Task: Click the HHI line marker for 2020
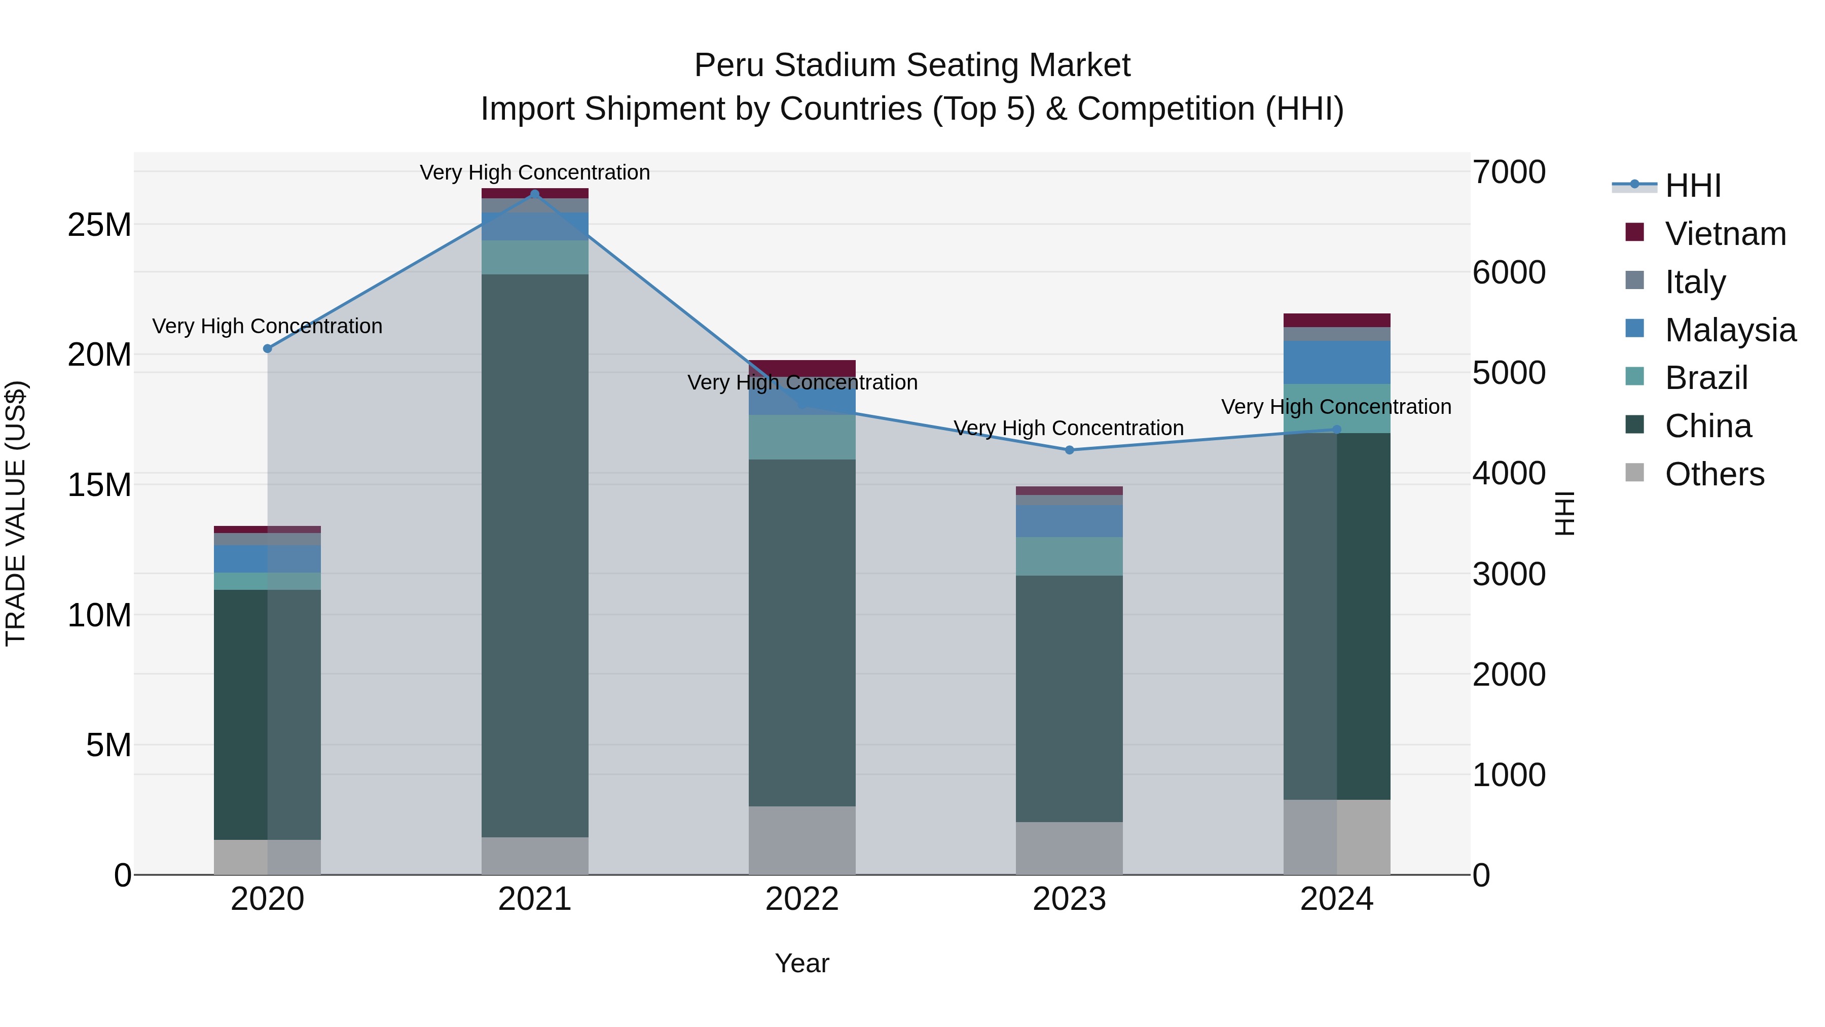pos(267,349)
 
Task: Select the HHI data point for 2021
pos(535,194)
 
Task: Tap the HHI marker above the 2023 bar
pos(1070,450)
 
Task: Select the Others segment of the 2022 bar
pos(802,840)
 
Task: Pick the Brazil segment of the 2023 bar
pos(1070,556)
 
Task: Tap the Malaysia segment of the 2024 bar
pos(1337,362)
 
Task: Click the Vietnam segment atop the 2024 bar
pos(1337,320)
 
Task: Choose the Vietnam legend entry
pos(1726,234)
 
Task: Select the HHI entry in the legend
pos(1693,186)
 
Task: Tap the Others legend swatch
pos(1634,473)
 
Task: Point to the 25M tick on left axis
pos(99,225)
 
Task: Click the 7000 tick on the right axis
pos(1509,172)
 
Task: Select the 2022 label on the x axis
pos(802,899)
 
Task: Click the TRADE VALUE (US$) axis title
pos(16,514)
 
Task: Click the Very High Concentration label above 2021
pos(535,172)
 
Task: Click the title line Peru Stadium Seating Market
pos(912,65)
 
